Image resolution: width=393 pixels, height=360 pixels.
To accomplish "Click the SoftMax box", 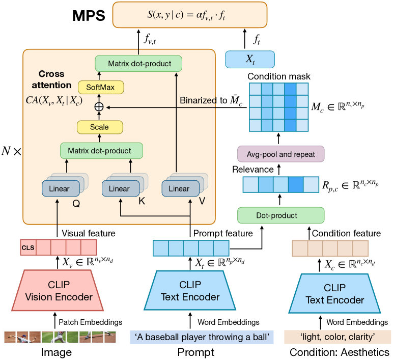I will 100,88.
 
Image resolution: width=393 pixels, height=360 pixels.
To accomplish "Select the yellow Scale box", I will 99,126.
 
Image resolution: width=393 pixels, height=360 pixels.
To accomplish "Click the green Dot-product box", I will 281,215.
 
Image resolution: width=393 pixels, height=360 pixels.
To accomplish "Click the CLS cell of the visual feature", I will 28,248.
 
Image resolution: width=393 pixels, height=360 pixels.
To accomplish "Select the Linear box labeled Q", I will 60,189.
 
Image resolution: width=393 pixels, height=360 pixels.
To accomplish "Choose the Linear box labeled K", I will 120,189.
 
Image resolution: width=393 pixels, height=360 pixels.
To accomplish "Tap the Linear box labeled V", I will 179,189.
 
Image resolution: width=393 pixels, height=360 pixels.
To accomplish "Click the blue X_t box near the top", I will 250,59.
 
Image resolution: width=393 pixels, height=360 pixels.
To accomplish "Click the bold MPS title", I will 89,15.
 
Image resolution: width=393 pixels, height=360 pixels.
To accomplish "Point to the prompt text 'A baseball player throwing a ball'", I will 202,337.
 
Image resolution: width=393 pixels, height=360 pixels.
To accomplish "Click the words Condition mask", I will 278,76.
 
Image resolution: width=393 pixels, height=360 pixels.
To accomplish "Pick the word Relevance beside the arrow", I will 253,169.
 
